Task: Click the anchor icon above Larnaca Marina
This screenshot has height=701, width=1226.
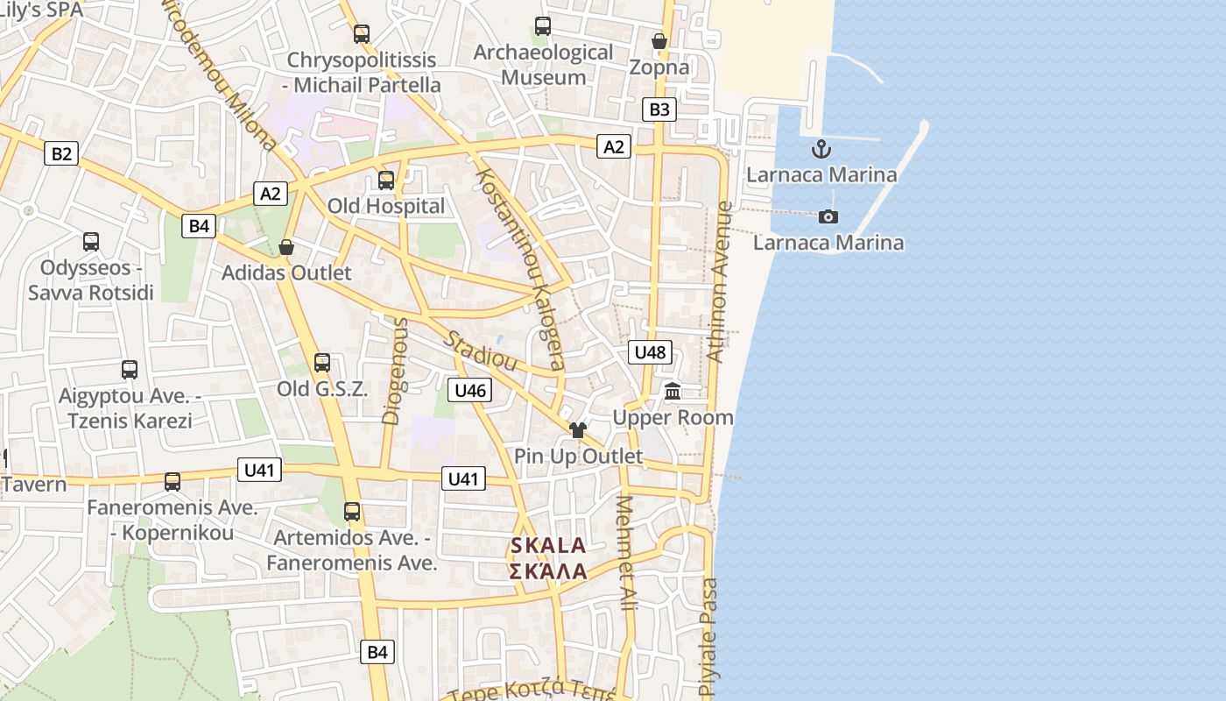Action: coord(821,148)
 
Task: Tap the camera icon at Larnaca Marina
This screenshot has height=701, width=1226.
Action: coord(828,216)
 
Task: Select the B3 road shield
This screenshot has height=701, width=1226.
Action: coord(659,110)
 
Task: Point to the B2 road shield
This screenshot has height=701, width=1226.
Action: coord(61,154)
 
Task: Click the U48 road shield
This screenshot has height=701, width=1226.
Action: coord(650,352)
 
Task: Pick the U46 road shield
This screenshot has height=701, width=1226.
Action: coord(470,390)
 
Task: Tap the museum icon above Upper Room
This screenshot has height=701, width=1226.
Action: coord(673,391)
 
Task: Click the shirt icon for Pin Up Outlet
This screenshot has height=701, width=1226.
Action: coord(577,430)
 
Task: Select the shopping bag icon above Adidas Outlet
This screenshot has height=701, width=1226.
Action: coord(286,248)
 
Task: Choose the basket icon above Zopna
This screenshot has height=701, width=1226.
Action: coord(659,41)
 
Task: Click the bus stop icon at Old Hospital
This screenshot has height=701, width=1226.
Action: coord(386,181)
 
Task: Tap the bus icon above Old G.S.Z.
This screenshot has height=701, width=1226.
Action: coord(322,363)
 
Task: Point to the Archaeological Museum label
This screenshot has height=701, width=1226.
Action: coord(543,65)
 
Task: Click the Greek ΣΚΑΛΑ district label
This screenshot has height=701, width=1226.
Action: coord(548,571)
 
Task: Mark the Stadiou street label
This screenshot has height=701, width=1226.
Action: coord(481,350)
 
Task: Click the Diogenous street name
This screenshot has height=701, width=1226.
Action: coord(396,371)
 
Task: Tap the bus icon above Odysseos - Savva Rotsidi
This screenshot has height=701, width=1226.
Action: coord(91,242)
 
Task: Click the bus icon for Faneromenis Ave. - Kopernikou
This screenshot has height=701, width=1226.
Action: coord(173,482)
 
